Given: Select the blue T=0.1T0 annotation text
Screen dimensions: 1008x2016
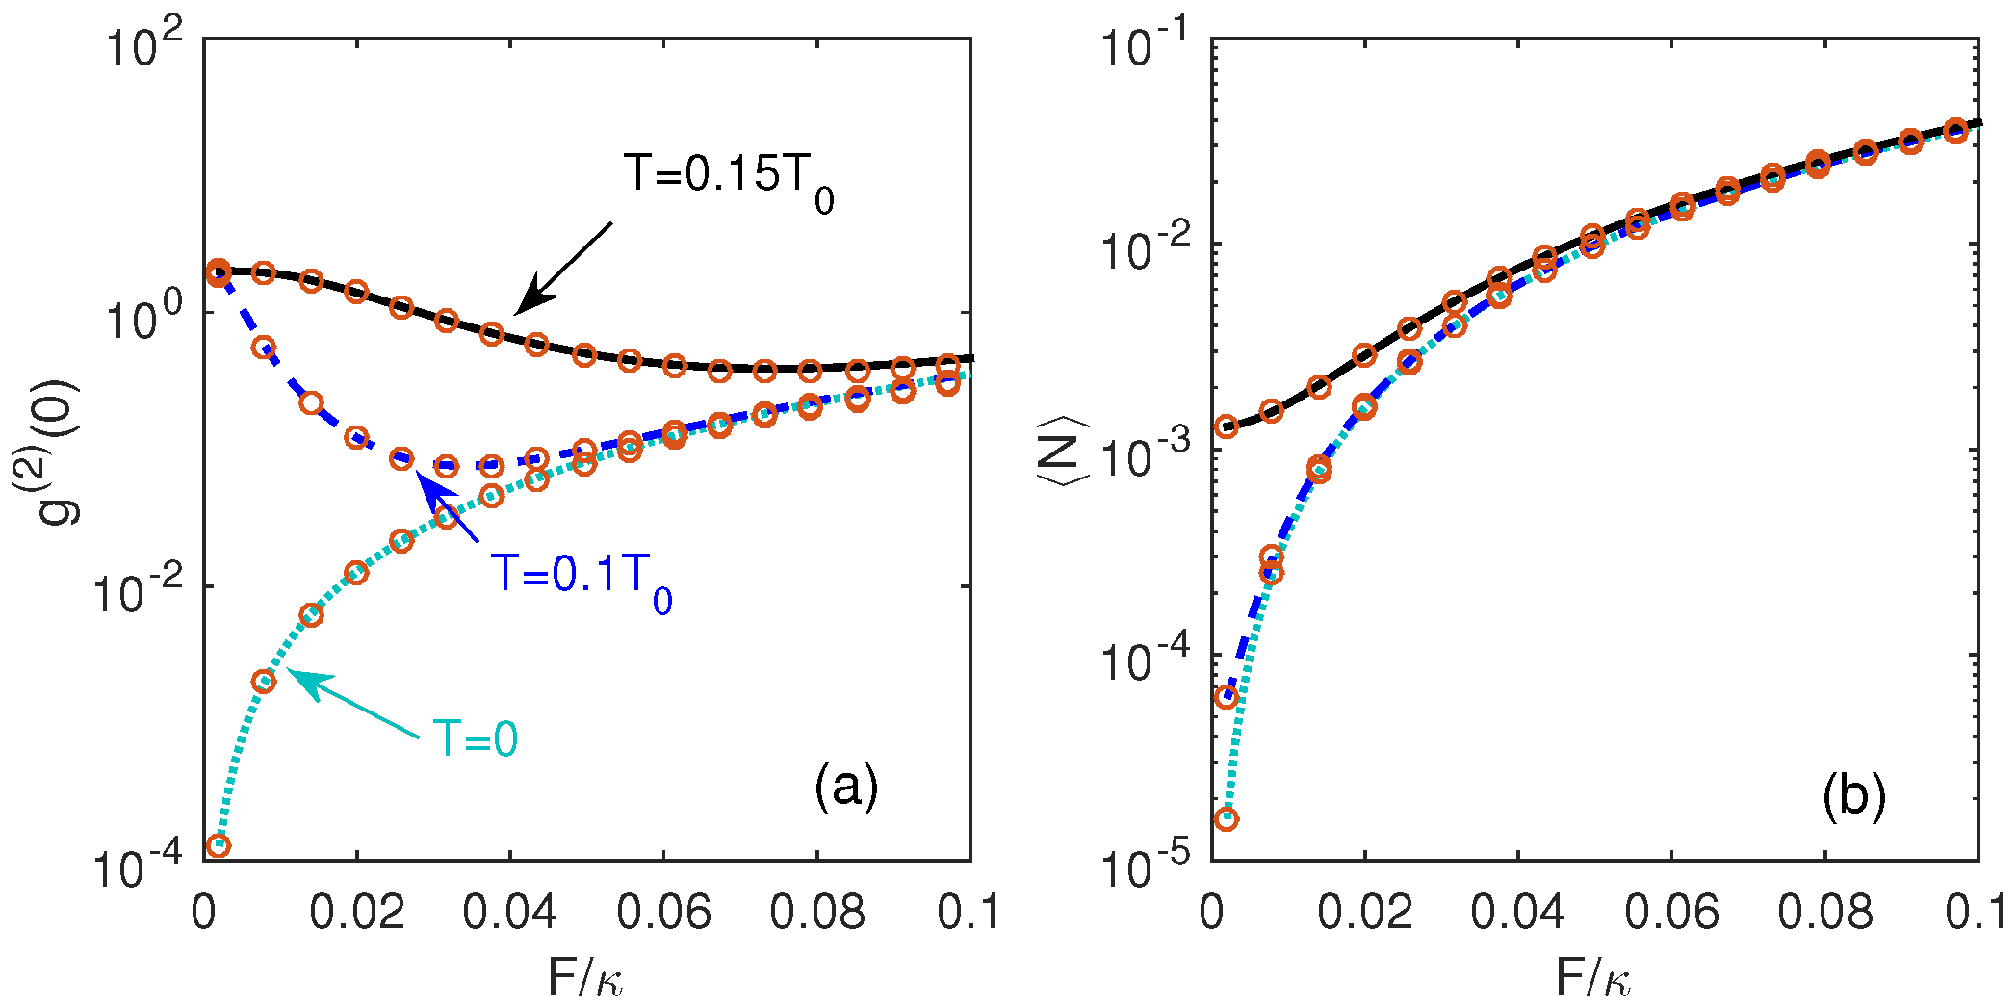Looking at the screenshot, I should tap(582, 576).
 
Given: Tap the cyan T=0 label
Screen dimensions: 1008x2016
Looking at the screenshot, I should tap(476, 739).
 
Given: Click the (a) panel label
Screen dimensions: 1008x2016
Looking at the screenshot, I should tap(846, 787).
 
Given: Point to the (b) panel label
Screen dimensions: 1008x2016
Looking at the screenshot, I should tap(1853, 796).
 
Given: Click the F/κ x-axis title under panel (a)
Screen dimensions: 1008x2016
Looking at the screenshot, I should tap(585, 979).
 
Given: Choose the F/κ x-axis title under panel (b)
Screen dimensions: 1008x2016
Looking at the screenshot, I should tap(1593, 979).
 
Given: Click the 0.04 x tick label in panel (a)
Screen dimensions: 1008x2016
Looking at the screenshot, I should tap(509, 912).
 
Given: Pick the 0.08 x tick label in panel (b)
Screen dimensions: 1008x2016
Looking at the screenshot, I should tap(1824, 912).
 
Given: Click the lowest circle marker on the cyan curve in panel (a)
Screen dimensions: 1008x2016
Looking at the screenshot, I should tap(220, 846).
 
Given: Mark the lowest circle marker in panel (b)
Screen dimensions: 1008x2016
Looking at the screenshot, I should tap(1227, 819).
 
